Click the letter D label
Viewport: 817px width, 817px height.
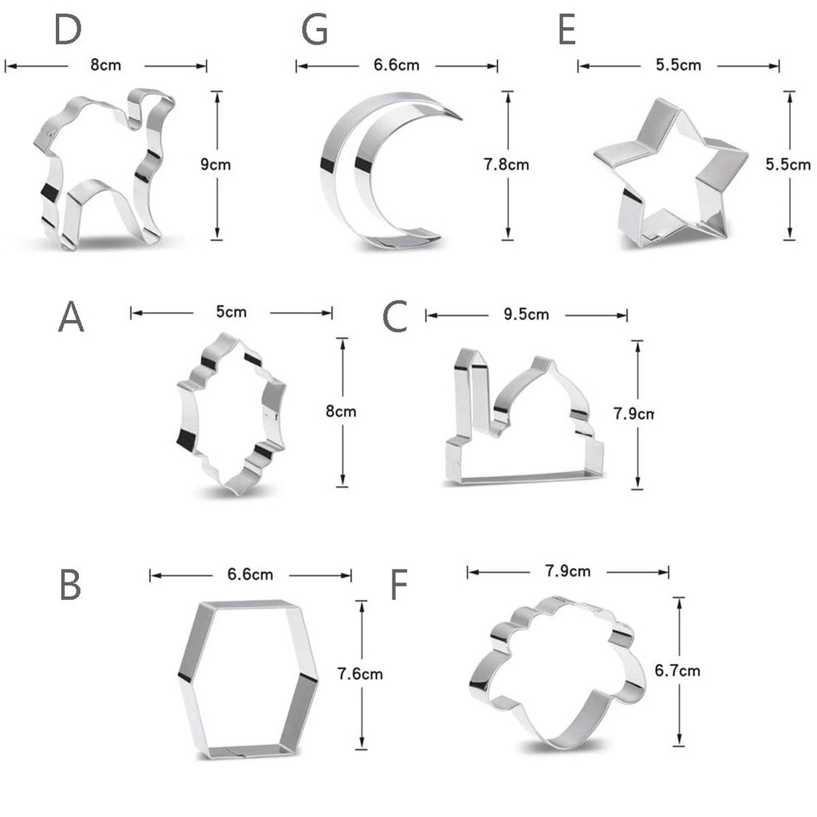coord(68,30)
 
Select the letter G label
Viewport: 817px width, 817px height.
coord(314,30)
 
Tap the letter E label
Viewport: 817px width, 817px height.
coord(567,30)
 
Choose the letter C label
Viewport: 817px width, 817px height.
coord(394,316)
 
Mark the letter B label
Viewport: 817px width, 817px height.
coord(70,585)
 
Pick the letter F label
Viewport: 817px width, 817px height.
coord(399,585)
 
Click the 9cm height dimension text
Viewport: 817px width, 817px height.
coord(215,164)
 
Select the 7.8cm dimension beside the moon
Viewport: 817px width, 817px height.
coord(506,164)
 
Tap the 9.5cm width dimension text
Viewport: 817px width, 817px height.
coord(527,314)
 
